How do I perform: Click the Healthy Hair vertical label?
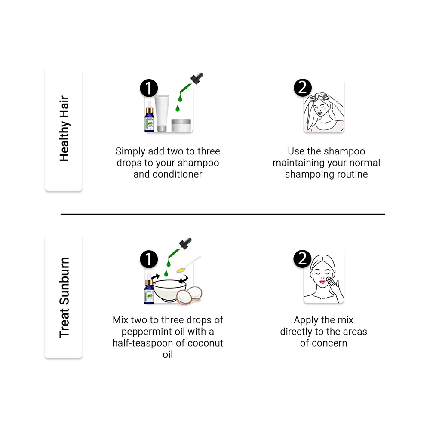(64, 128)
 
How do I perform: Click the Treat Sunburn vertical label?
(64, 298)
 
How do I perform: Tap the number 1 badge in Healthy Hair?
(149, 88)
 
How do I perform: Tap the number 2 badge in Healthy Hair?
(302, 88)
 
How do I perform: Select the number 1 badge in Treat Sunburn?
(149, 259)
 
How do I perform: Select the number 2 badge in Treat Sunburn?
(302, 258)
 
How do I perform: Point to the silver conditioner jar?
(181, 125)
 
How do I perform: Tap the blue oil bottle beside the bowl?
(149, 289)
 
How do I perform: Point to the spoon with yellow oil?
(189, 264)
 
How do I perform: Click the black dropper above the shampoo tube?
(197, 78)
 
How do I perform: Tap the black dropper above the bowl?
(185, 244)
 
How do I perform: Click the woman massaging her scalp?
(324, 112)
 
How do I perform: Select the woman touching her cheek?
(324, 279)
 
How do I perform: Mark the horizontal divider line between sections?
(223, 214)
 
